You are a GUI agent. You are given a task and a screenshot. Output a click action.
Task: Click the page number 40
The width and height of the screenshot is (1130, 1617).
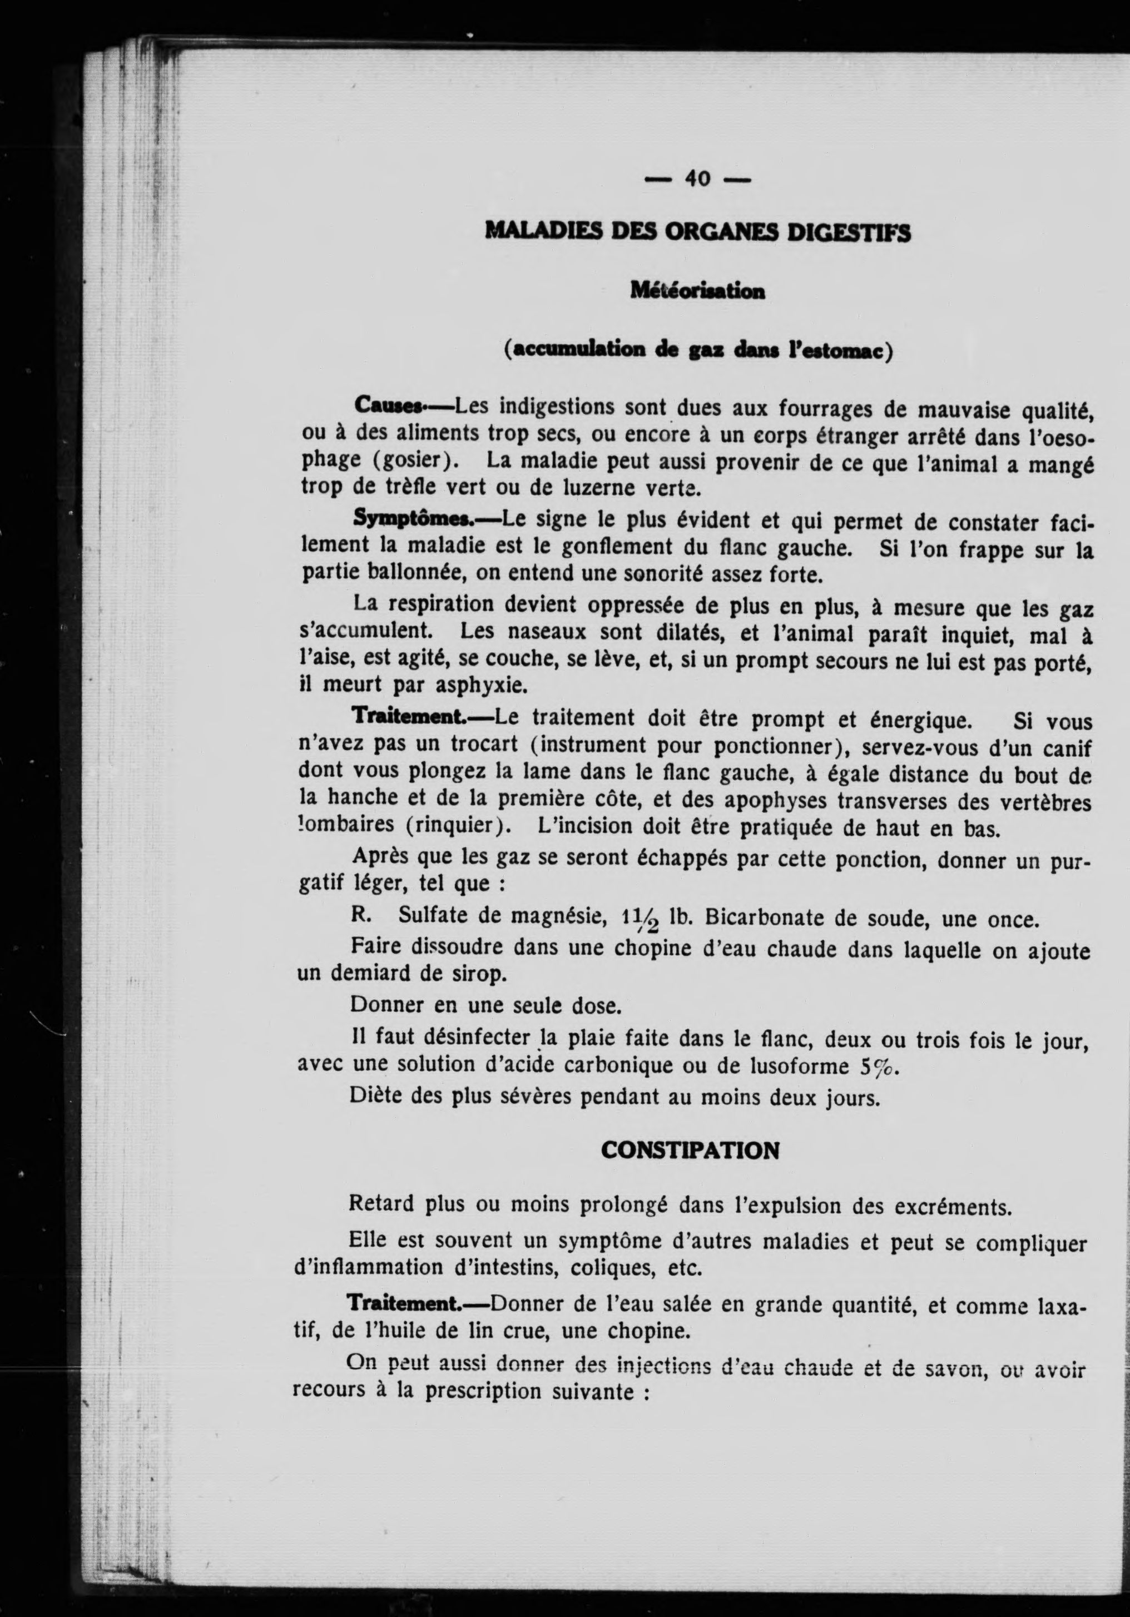coord(697,180)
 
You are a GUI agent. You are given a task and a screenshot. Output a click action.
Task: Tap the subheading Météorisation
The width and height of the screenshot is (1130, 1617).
coord(697,290)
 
